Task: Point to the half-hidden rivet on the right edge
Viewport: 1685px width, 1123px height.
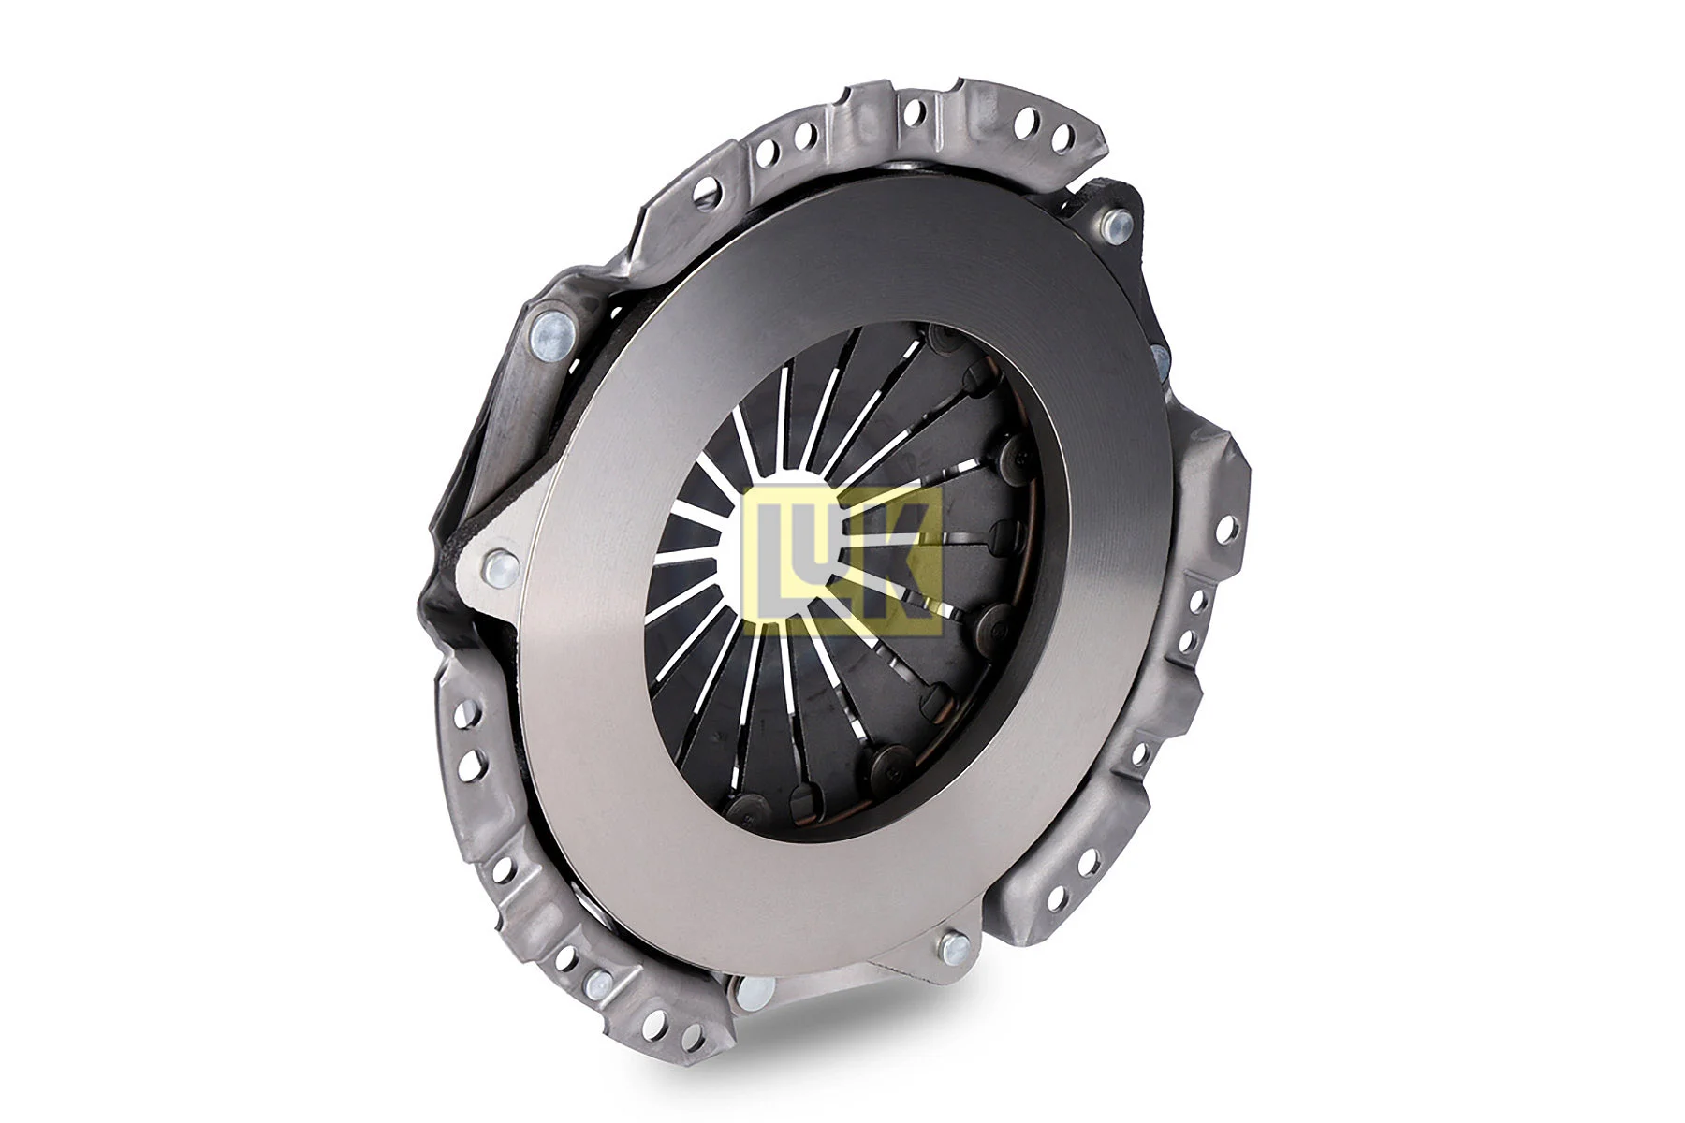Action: point(1159,359)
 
